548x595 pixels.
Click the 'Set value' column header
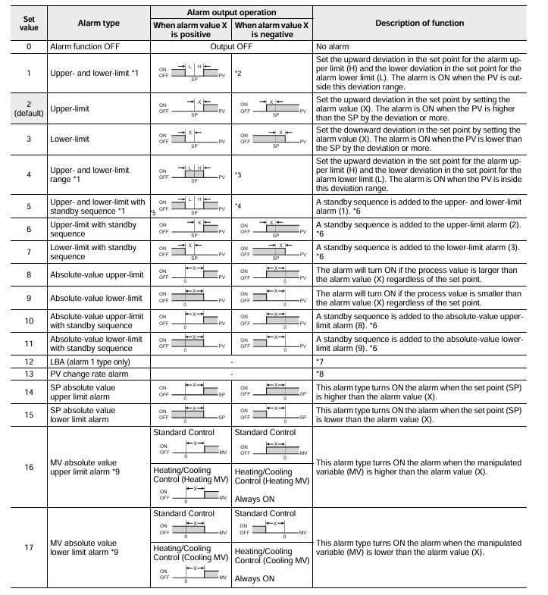[x=24, y=23]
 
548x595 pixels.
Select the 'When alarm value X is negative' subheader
[x=272, y=30]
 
